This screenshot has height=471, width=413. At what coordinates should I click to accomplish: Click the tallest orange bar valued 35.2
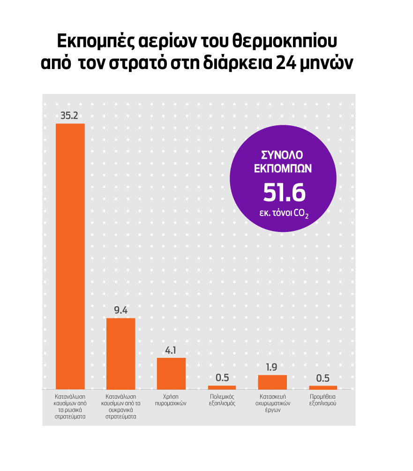[x=70, y=256]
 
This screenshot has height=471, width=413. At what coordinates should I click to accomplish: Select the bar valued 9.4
[x=120, y=354]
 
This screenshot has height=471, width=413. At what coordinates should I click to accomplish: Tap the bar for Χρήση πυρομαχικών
[x=171, y=373]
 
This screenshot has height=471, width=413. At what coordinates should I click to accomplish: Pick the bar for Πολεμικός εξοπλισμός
[x=222, y=387]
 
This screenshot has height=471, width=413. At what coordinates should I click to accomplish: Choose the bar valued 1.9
[x=272, y=382]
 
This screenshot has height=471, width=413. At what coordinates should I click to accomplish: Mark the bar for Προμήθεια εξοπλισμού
[x=323, y=387]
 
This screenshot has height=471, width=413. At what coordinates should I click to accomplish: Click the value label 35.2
[x=69, y=116]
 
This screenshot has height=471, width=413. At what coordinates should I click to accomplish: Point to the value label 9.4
[x=120, y=310]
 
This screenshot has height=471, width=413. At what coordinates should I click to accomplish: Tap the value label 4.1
[x=171, y=350]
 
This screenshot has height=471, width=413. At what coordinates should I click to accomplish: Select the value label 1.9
[x=272, y=367]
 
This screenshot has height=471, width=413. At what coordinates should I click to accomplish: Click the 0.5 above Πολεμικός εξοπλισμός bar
[x=222, y=377]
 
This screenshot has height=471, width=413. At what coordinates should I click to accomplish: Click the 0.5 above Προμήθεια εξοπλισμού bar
[x=323, y=377]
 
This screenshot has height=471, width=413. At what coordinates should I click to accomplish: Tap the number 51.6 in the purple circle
[x=285, y=192]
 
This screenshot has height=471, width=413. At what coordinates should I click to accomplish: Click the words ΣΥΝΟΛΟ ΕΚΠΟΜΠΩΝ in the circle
[x=285, y=162]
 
